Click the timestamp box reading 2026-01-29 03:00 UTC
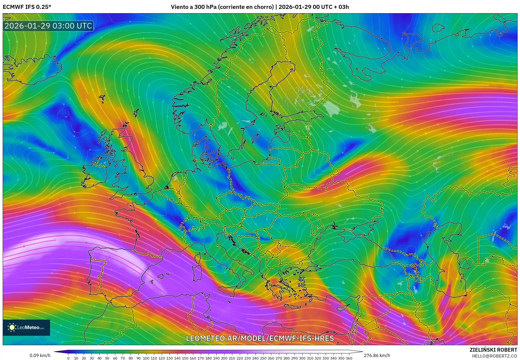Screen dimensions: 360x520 click(x=48, y=26)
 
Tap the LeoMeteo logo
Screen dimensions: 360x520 click(x=26, y=327)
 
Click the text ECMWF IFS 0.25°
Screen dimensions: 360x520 click(x=27, y=7)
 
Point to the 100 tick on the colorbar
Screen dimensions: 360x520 click(x=146, y=358)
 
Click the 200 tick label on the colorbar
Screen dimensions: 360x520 click(x=224, y=358)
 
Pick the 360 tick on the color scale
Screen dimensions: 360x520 click(x=349, y=358)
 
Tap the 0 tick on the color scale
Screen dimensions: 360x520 click(x=68, y=358)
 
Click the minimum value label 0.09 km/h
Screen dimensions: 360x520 click(x=40, y=355)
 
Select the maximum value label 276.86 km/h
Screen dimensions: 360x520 click(x=377, y=355)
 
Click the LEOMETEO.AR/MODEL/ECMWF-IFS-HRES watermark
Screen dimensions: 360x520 click(x=260, y=338)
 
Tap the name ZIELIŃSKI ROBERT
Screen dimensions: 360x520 click(x=493, y=350)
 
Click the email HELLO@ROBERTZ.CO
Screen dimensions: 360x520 click(x=494, y=356)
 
